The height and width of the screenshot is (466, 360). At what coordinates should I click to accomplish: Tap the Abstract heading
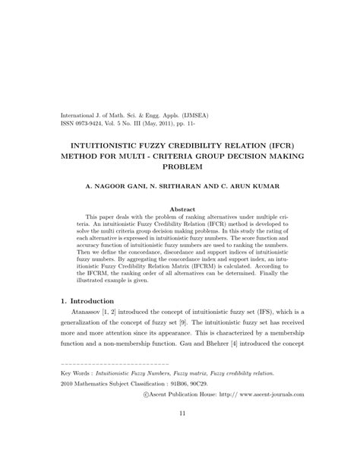pyautogui.click(x=180, y=208)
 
